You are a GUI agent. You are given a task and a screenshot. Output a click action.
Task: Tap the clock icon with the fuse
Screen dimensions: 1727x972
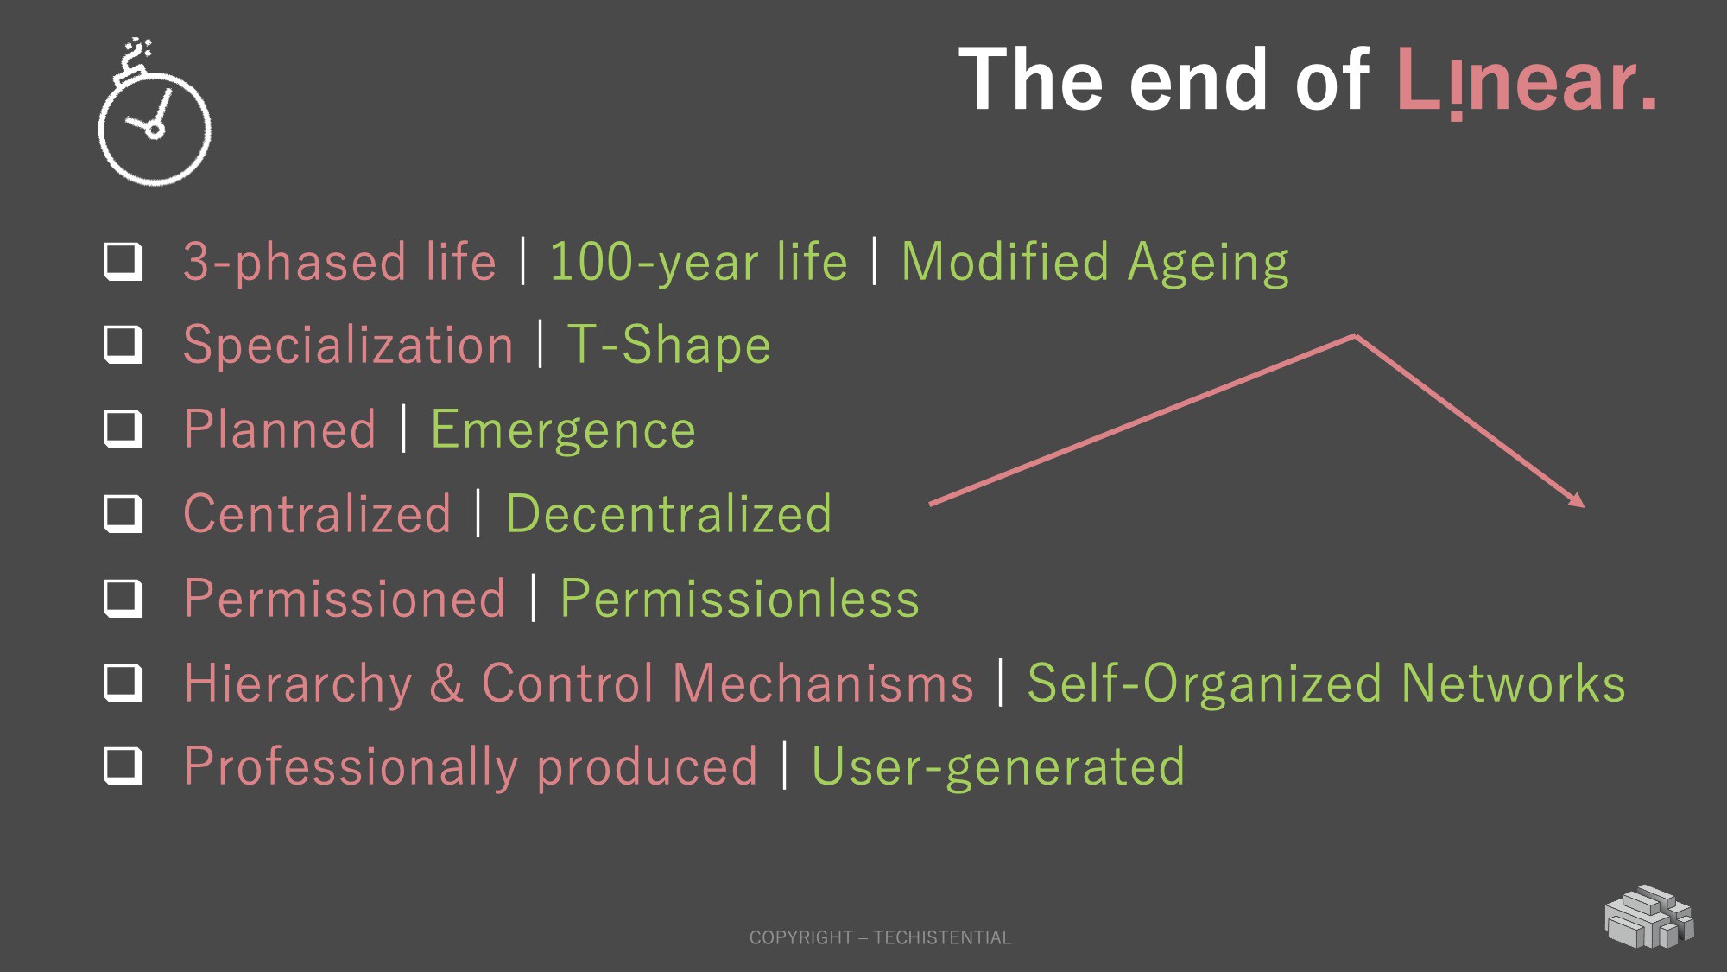click(154, 111)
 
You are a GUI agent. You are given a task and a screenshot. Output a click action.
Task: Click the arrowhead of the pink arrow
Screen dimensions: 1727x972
click(1577, 499)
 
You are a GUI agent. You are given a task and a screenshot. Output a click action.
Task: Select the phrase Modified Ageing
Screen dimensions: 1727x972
click(1095, 263)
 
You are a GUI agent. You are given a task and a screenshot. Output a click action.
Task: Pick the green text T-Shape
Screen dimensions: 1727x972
click(668, 345)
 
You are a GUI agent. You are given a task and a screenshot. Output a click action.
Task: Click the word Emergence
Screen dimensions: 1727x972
click(563, 429)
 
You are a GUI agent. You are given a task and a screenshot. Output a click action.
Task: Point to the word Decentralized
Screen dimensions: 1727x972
click(668, 513)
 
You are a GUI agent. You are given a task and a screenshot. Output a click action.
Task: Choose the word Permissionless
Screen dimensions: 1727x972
click(740, 598)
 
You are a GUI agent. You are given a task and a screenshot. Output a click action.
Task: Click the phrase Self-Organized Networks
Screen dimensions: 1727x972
click(1326, 683)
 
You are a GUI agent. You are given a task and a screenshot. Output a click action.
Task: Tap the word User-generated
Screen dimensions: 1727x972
click(998, 766)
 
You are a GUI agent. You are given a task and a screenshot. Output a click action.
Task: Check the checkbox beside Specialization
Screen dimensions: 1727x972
click(123, 345)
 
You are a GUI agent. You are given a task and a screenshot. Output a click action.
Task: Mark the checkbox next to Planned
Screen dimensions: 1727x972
click(123, 429)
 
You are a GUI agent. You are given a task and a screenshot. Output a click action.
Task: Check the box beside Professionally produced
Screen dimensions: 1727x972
click(123, 766)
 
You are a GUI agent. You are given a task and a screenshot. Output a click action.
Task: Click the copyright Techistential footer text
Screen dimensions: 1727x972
click(880, 937)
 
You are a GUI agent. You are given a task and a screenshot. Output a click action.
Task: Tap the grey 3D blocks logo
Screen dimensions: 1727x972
click(1649, 917)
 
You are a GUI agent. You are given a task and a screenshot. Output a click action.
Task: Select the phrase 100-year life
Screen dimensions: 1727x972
click(699, 263)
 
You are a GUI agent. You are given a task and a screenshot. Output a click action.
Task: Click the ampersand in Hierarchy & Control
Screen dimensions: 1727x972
click(446, 683)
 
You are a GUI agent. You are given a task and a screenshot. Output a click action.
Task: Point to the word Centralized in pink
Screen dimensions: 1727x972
click(317, 513)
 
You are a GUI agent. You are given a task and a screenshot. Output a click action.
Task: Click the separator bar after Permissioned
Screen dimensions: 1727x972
click(534, 598)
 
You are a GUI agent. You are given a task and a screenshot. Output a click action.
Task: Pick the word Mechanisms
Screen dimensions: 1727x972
click(823, 683)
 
